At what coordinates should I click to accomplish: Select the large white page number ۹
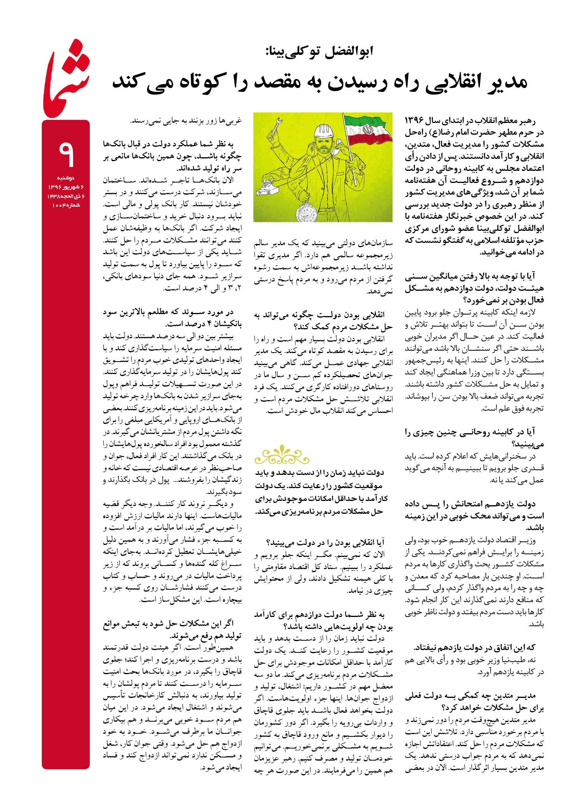66,154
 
